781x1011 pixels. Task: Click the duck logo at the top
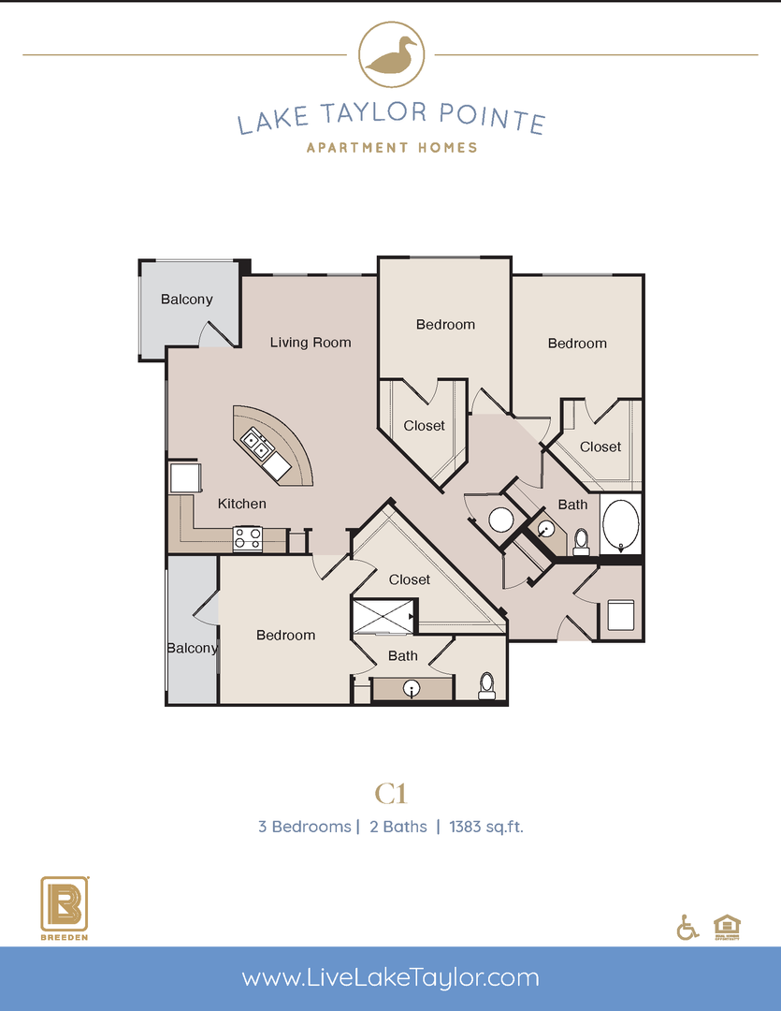pyautogui.click(x=390, y=55)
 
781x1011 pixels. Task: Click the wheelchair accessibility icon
pyautogui.click(x=687, y=927)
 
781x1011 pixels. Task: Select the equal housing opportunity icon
pyautogui.click(x=725, y=925)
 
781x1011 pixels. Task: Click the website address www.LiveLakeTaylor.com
pyautogui.click(x=390, y=978)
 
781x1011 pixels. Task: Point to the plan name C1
pyautogui.click(x=391, y=795)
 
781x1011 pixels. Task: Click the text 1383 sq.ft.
pyautogui.click(x=486, y=827)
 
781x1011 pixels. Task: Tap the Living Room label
pyautogui.click(x=311, y=343)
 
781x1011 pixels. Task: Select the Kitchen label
pyautogui.click(x=242, y=504)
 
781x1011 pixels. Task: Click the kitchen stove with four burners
pyautogui.click(x=247, y=539)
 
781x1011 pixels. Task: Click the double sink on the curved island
pyautogui.click(x=261, y=447)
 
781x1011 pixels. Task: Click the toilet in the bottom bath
pyautogui.click(x=486, y=685)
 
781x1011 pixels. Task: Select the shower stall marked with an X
pyautogui.click(x=381, y=617)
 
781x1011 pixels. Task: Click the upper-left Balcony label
pyautogui.click(x=186, y=300)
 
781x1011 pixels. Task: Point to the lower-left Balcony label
pyautogui.click(x=192, y=648)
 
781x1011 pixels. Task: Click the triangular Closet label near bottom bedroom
pyautogui.click(x=410, y=579)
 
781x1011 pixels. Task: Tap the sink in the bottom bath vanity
pyautogui.click(x=411, y=689)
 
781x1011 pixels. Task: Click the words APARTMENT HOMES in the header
pyautogui.click(x=391, y=147)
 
